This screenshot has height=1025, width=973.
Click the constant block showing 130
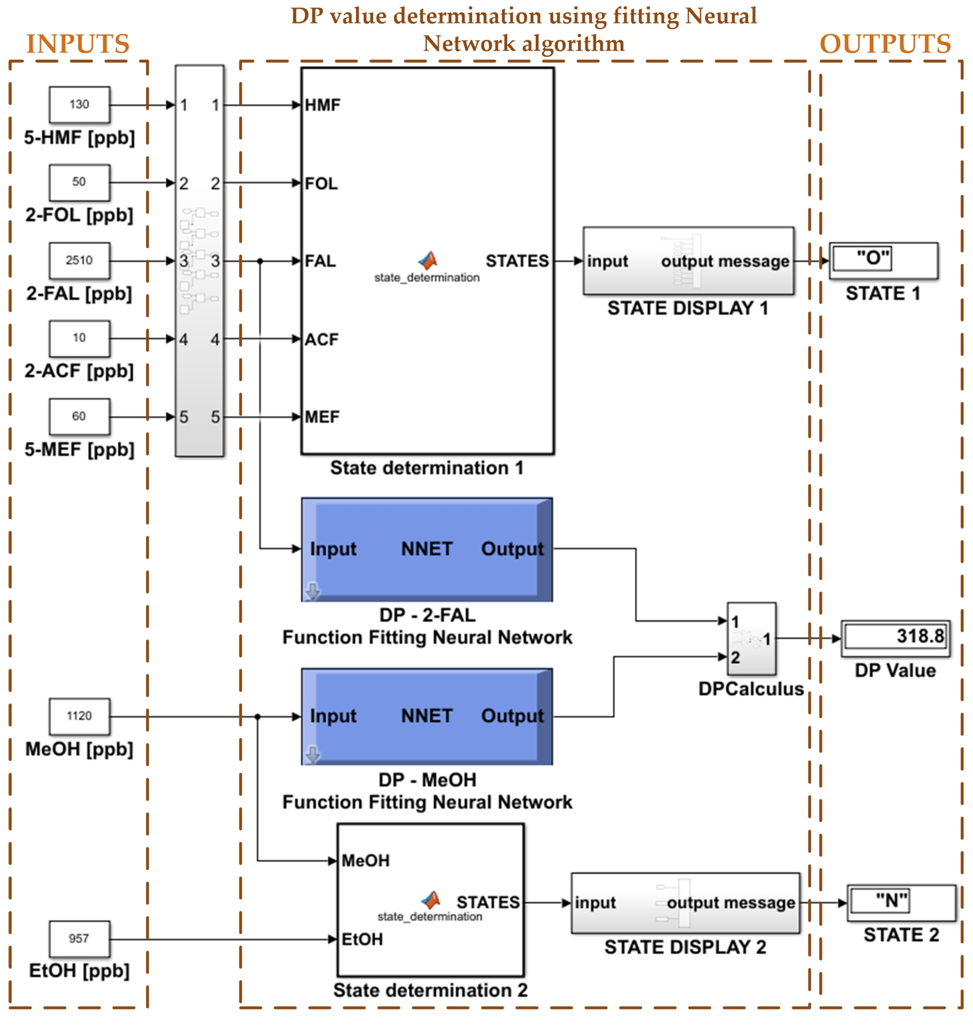79,105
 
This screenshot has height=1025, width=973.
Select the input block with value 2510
79,260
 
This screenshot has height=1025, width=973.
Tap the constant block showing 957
79,939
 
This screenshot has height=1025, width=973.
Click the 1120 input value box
79,716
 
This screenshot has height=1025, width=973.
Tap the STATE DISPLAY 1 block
688,261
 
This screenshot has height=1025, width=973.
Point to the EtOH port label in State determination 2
362,939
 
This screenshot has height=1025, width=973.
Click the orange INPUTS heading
78,44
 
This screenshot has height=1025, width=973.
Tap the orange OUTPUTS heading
885,44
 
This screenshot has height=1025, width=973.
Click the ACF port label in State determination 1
322,340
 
